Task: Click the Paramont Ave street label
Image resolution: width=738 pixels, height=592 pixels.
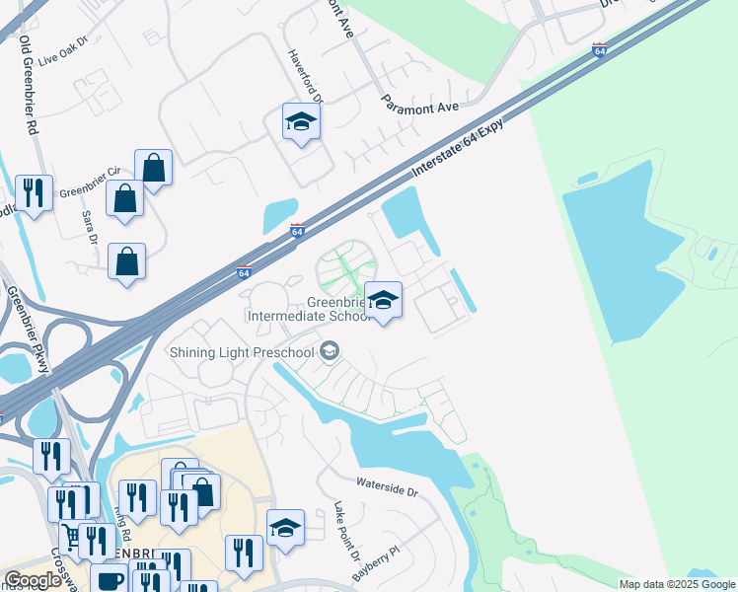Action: (x=421, y=103)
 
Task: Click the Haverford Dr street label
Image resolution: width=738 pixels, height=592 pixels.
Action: (x=305, y=77)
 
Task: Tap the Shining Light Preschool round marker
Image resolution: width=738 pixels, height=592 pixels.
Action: (x=331, y=351)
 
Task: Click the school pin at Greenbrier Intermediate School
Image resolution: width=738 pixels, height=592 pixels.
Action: (x=383, y=300)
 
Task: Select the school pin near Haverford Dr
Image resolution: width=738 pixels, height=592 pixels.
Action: (x=301, y=122)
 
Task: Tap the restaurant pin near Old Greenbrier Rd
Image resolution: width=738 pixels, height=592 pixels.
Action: (x=36, y=192)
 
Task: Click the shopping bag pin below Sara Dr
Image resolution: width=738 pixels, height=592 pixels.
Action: (x=127, y=262)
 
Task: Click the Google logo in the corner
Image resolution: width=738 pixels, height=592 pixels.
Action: (x=33, y=579)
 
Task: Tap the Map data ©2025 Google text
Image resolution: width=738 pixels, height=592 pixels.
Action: (x=678, y=584)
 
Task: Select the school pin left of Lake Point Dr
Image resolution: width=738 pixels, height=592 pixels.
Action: (x=285, y=528)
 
